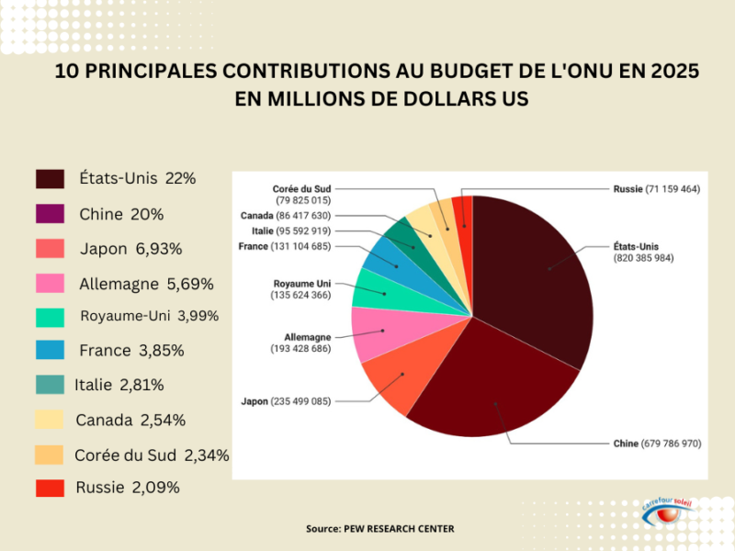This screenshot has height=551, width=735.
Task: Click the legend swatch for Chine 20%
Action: [x=50, y=214]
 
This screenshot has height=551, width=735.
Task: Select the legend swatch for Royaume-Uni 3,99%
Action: [x=50, y=317]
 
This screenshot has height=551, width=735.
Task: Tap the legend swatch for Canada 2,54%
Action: [x=50, y=420]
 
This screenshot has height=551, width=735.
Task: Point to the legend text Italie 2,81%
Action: [x=119, y=385]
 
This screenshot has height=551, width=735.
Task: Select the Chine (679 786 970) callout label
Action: [x=657, y=444]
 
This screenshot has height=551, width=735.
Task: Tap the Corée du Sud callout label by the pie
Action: [x=301, y=193]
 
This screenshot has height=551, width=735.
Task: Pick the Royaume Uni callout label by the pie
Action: [x=301, y=289]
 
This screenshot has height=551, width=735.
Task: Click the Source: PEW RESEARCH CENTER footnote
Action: [x=379, y=529]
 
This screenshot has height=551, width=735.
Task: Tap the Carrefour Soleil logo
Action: [x=673, y=515]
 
